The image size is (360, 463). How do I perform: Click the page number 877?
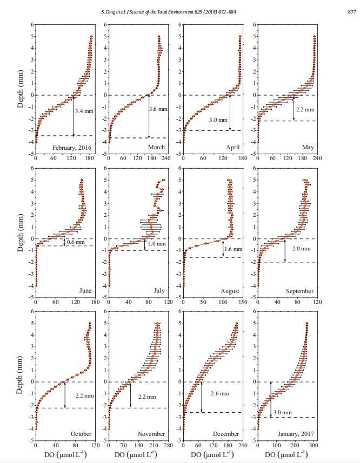coord(350,12)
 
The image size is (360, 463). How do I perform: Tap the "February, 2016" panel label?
coord(71,148)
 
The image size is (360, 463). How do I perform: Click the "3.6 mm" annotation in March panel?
coord(158,109)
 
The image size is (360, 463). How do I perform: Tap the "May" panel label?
coord(307,148)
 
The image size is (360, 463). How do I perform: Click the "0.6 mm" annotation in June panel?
coord(76,242)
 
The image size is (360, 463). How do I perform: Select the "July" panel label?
coord(159,291)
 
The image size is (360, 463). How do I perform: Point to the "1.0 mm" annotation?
coord(154,244)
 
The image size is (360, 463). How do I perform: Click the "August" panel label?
coord(230,291)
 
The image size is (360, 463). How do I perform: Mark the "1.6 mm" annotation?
coord(234,249)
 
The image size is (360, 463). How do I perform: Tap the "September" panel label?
coord(299,291)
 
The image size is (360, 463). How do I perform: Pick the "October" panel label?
coord(81,434)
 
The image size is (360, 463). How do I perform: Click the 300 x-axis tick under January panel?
coord(314,446)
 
